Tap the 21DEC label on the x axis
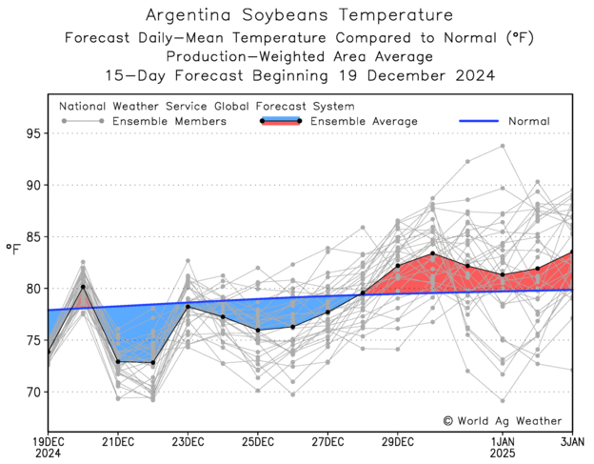click(x=118, y=442)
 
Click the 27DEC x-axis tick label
click(x=327, y=442)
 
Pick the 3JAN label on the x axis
click(x=572, y=442)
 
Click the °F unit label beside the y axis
click(x=12, y=250)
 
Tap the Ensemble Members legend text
click(x=169, y=122)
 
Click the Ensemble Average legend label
click(x=365, y=122)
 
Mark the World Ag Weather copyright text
click(x=503, y=420)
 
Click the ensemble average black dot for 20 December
click(x=83, y=287)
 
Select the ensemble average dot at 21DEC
click(x=118, y=361)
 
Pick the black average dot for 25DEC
click(x=258, y=330)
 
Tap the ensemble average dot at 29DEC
click(x=398, y=265)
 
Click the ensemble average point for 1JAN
click(x=503, y=274)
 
